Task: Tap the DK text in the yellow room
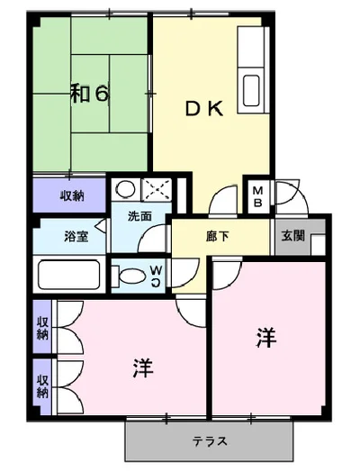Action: pos(204,109)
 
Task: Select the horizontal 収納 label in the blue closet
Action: pos(72,195)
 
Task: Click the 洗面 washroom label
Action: pos(139,216)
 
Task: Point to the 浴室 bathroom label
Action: pos(76,238)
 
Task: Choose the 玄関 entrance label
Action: pos(292,237)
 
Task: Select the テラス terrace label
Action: pos(210,441)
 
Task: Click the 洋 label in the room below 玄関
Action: pos(265,338)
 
